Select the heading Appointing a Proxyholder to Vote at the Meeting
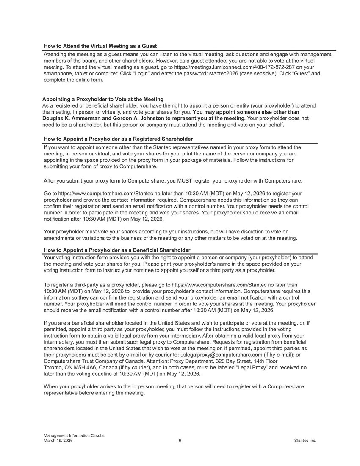[103, 99]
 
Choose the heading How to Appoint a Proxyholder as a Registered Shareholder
[118, 139]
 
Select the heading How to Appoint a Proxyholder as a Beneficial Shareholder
[117, 250]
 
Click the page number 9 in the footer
[180, 441]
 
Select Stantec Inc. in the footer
[305, 441]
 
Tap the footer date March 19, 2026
[55, 441]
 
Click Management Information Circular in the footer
[74, 436]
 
